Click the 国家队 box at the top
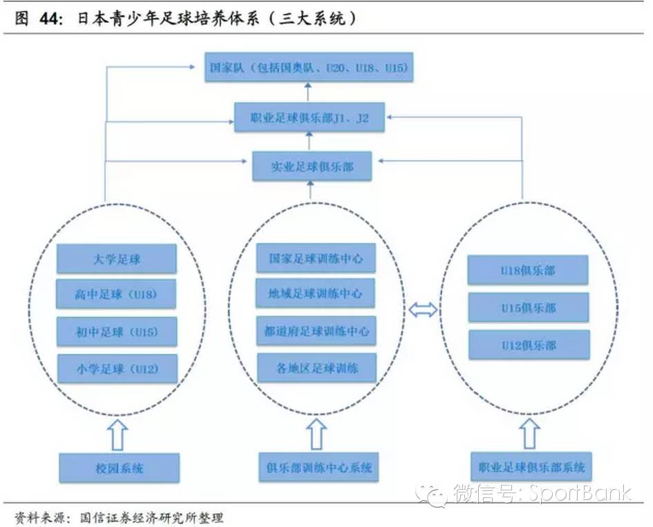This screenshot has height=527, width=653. click(x=308, y=68)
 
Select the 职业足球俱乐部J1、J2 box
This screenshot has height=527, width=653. click(x=308, y=117)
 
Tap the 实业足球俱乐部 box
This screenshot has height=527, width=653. click(x=312, y=166)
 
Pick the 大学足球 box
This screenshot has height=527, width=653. click(x=117, y=260)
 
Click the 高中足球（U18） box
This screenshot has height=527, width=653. click(x=117, y=295)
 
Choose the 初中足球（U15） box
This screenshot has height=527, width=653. click(x=117, y=332)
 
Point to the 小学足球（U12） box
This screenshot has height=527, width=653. click(x=117, y=370)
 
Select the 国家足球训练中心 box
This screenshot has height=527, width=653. click(x=316, y=258)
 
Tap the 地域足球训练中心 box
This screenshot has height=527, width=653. click(x=316, y=294)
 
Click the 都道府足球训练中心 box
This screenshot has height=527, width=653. click(x=316, y=331)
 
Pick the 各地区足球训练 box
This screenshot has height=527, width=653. click(x=316, y=367)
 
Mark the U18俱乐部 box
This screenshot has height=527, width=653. click(x=529, y=270)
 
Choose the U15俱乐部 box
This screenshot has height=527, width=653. click(x=529, y=307)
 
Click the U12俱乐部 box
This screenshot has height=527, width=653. click(x=529, y=344)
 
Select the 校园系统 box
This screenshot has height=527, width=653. click(x=120, y=468)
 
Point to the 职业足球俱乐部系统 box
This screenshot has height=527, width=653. click(x=531, y=468)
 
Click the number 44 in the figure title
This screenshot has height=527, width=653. click(x=47, y=19)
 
